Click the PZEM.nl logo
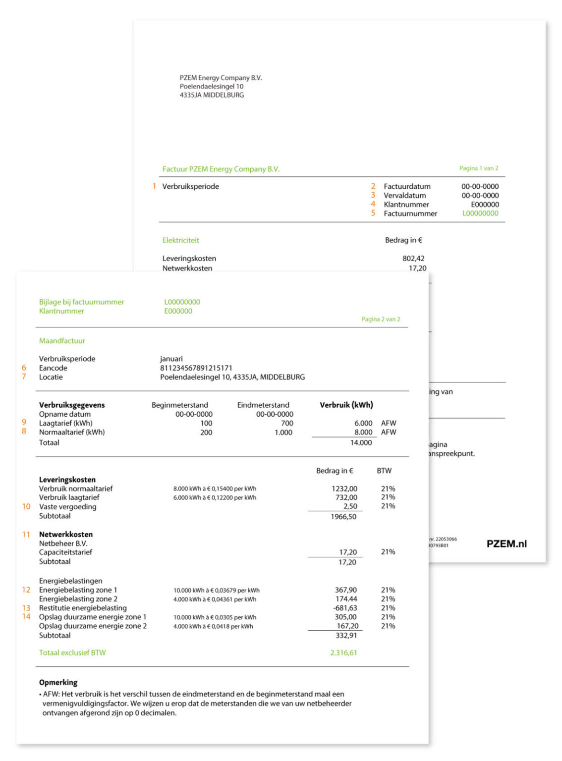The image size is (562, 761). pos(506,544)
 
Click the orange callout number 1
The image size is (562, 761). pos(154,186)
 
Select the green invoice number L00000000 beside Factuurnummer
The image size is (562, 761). pos(480,214)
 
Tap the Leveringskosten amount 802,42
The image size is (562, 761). pos(413,258)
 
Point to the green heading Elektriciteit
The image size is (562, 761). pos(180,240)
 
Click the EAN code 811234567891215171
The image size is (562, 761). pos(196,368)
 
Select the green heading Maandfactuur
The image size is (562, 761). pos(62,341)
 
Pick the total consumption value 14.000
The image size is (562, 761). pos(361,443)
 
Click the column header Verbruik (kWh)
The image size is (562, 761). pos(346,405)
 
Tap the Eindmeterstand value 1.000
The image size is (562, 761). pos(283,433)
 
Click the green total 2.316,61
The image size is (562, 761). pos(343,652)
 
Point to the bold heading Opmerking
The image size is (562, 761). pos(58,682)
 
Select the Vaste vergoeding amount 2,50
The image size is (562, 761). pos(350,506)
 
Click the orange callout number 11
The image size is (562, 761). pos(26,534)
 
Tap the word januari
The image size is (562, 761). pos(171,359)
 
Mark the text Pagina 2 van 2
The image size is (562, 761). pos(381,319)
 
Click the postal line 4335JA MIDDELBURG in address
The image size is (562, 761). pos(212,95)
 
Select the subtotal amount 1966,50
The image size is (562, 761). pos(343,517)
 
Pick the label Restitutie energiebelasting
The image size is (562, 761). pos(83,608)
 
